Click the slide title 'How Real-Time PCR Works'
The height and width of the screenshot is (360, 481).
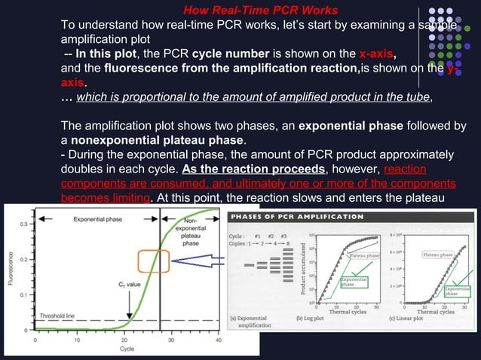(x=261, y=10)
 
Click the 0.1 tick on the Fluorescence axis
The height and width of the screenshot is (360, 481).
(x=26, y=294)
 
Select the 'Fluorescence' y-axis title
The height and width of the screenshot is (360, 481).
(x=9, y=274)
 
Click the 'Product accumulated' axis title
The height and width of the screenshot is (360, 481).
(x=300, y=269)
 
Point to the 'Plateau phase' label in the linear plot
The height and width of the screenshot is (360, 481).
(x=437, y=255)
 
